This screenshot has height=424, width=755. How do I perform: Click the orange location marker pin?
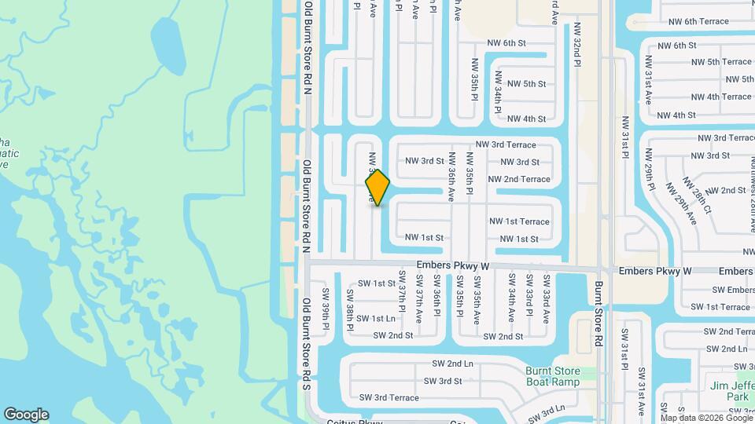pos(377,188)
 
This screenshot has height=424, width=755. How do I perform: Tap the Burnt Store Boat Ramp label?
pos(552,377)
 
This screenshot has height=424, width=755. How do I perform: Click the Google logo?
pos(26,415)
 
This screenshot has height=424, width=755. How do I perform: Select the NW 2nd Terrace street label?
pos(519,179)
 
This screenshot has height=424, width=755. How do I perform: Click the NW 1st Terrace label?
pos(519,221)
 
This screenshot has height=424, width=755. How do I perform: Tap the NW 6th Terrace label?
pos(698,21)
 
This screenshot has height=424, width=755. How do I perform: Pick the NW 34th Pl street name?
pos(498,93)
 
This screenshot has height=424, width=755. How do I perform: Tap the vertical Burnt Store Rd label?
pos(598,314)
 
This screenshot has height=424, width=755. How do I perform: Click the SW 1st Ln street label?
pos(375,318)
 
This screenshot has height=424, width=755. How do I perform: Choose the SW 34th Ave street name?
pos(511,298)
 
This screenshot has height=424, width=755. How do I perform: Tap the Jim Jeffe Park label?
pos(730,390)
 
